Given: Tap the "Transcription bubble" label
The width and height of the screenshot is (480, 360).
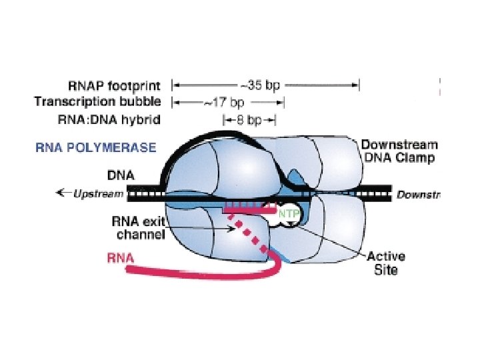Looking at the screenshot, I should pyautogui.click(x=97, y=102).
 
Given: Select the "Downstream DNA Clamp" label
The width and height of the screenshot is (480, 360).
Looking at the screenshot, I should pyautogui.click(x=398, y=151).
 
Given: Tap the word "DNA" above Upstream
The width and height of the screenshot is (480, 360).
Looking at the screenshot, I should pyautogui.click(x=121, y=176).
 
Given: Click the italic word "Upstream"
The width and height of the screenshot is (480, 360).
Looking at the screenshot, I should pyautogui.click(x=99, y=194).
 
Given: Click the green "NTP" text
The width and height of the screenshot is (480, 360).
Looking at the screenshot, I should pyautogui.click(x=288, y=214).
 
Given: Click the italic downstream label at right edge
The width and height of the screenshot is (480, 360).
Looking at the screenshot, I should pyautogui.click(x=418, y=195).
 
